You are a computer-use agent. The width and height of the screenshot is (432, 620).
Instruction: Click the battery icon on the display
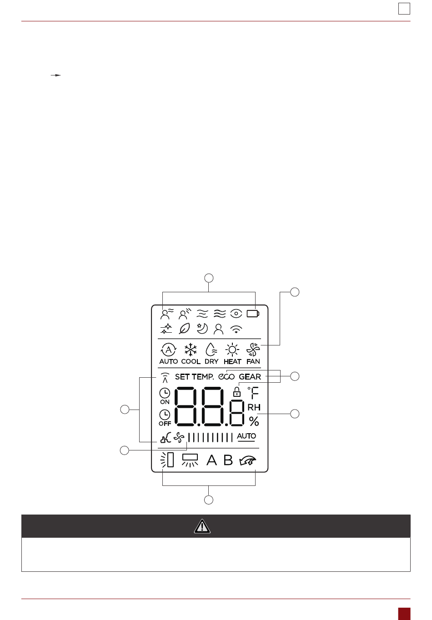pyautogui.click(x=253, y=314)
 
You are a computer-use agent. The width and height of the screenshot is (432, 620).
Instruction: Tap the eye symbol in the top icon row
pyautogui.click(x=236, y=314)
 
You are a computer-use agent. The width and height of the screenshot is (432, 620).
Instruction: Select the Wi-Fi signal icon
pyautogui.click(x=236, y=329)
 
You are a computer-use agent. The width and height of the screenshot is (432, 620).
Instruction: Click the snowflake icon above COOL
pyautogui.click(x=191, y=350)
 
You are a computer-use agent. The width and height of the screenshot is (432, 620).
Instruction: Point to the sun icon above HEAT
pyautogui.click(x=232, y=350)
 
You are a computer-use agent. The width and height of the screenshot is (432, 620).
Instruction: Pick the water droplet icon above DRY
pyautogui.click(x=211, y=350)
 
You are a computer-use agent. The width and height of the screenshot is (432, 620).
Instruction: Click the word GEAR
pyautogui.click(x=250, y=377)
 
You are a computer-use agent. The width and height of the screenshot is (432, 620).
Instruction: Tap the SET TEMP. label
pyautogui.click(x=194, y=377)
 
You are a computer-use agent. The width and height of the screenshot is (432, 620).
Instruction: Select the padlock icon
pyautogui.click(x=236, y=391)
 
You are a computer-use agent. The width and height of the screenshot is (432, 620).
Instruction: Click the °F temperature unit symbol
pyautogui.click(x=253, y=393)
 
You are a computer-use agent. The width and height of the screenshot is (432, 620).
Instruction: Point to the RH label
pyautogui.click(x=254, y=408)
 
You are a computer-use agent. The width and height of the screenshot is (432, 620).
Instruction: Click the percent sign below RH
pyautogui.click(x=254, y=421)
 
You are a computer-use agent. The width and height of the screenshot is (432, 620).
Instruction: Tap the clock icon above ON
pyautogui.click(x=165, y=393)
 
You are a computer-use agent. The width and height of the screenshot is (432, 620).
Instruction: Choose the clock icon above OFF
pyautogui.click(x=165, y=415)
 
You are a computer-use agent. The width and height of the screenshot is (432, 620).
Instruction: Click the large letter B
pyautogui.click(x=228, y=460)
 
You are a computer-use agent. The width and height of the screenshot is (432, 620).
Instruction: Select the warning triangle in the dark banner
pyautogui.click(x=202, y=526)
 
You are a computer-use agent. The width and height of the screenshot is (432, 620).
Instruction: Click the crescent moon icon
pyautogui.click(x=202, y=328)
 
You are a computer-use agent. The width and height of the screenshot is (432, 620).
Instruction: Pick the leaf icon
pyautogui.click(x=185, y=329)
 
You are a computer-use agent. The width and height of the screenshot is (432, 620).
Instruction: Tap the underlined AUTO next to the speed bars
pyautogui.click(x=246, y=436)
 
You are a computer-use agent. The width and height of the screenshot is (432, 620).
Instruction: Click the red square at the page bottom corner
pyautogui.click(x=404, y=614)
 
